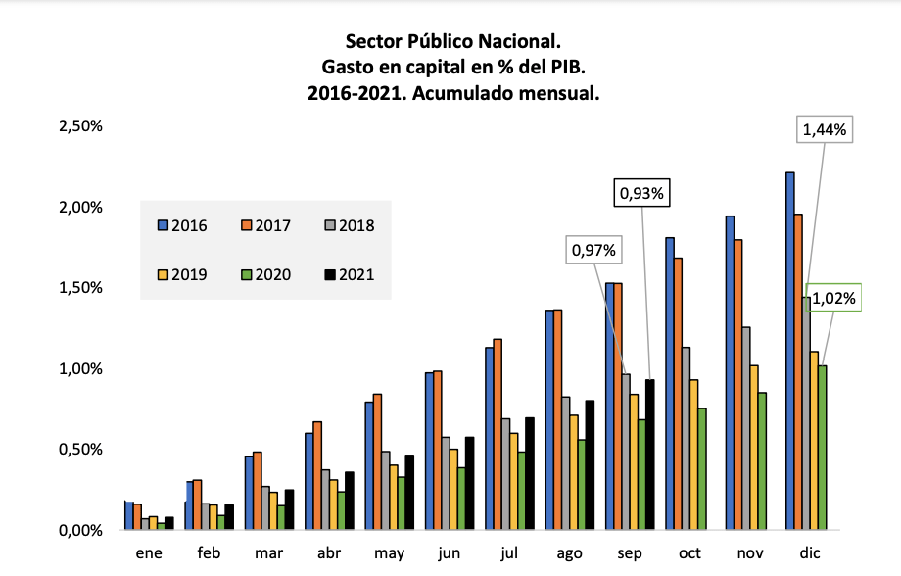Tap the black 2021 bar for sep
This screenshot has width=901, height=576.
coord(649,455)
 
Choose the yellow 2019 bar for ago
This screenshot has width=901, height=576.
coord(574,472)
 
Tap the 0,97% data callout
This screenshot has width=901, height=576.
coord(593,251)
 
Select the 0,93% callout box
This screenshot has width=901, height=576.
coord(640,194)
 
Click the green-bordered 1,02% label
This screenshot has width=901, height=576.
coord(833,297)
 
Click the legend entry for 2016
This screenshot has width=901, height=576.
coord(182,225)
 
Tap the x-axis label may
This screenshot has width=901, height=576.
coord(389,553)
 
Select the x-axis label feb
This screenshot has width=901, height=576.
coord(209,553)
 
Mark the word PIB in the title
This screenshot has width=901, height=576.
coord(566,68)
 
